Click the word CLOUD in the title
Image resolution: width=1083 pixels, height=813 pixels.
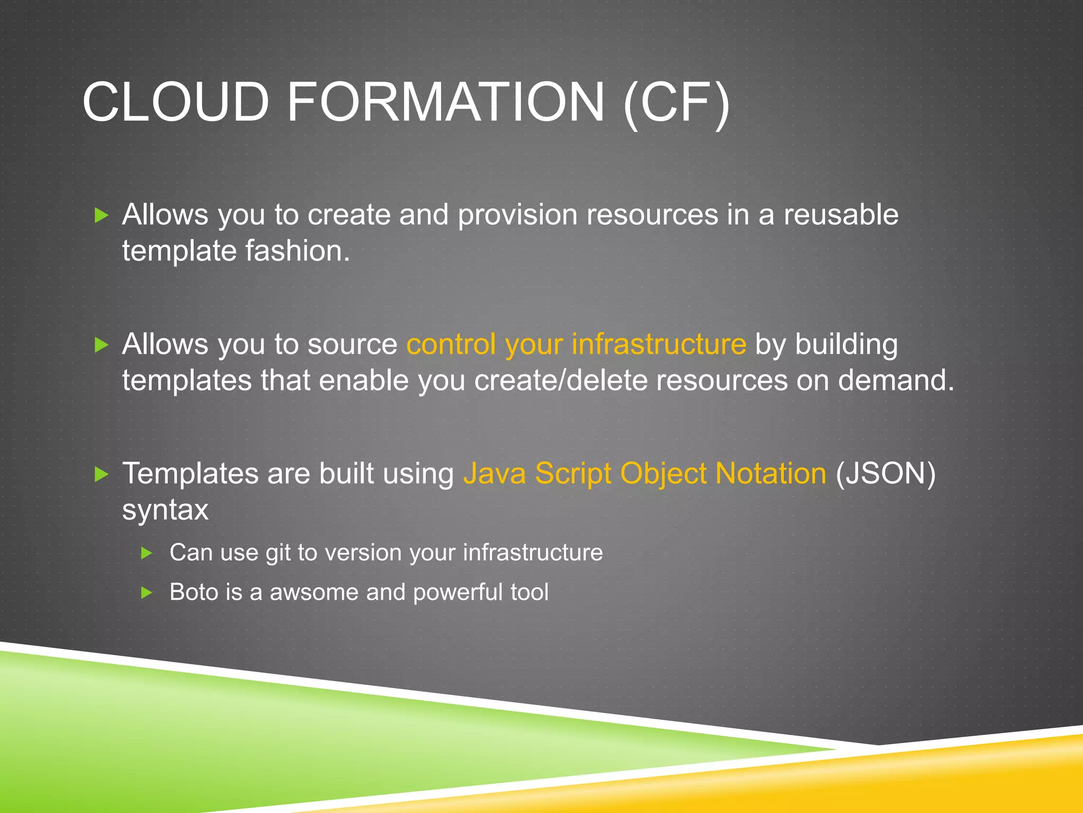176,102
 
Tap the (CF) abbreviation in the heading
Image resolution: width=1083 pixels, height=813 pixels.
676,102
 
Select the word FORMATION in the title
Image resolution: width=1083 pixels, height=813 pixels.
445,102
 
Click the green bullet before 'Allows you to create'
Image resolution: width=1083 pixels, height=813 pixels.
101,215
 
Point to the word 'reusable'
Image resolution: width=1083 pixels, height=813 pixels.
841,215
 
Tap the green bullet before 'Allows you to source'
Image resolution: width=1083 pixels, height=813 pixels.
101,345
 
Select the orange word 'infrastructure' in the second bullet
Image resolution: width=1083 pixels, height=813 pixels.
659,344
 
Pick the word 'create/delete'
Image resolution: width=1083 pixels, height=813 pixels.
561,381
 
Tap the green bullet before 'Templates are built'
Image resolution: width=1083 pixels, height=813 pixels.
101,474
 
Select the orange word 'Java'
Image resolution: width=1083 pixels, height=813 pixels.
494,474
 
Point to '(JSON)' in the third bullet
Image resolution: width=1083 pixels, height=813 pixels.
885,474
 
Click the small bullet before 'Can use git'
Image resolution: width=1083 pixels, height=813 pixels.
147,554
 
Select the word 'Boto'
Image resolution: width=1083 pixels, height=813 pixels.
194,592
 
